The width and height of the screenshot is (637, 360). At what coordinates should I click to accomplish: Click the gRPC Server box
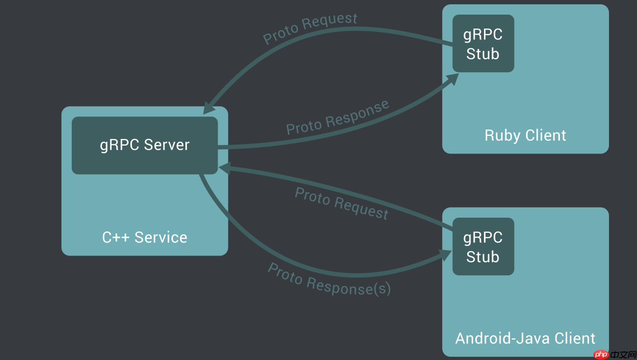coord(144,146)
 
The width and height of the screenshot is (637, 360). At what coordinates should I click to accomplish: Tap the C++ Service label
coord(144,237)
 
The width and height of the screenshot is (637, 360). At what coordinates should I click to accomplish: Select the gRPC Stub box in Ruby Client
coord(483,44)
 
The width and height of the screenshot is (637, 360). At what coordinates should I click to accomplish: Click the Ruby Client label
coord(525,135)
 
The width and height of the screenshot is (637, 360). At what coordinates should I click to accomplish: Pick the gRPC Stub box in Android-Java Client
coord(483,247)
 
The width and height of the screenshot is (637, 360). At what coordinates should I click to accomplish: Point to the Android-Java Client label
coord(525,338)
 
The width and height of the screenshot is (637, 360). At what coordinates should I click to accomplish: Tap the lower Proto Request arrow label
coord(341,203)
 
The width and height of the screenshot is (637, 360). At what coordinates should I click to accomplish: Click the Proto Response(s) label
coord(329,279)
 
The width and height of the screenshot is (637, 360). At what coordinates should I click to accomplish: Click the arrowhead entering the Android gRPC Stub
coord(447,255)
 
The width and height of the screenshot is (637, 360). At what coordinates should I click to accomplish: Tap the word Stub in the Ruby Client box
coord(483,54)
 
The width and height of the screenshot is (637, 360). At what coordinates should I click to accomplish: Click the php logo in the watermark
coord(601,354)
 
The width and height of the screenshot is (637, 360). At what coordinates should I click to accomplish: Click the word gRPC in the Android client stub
coord(483,238)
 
